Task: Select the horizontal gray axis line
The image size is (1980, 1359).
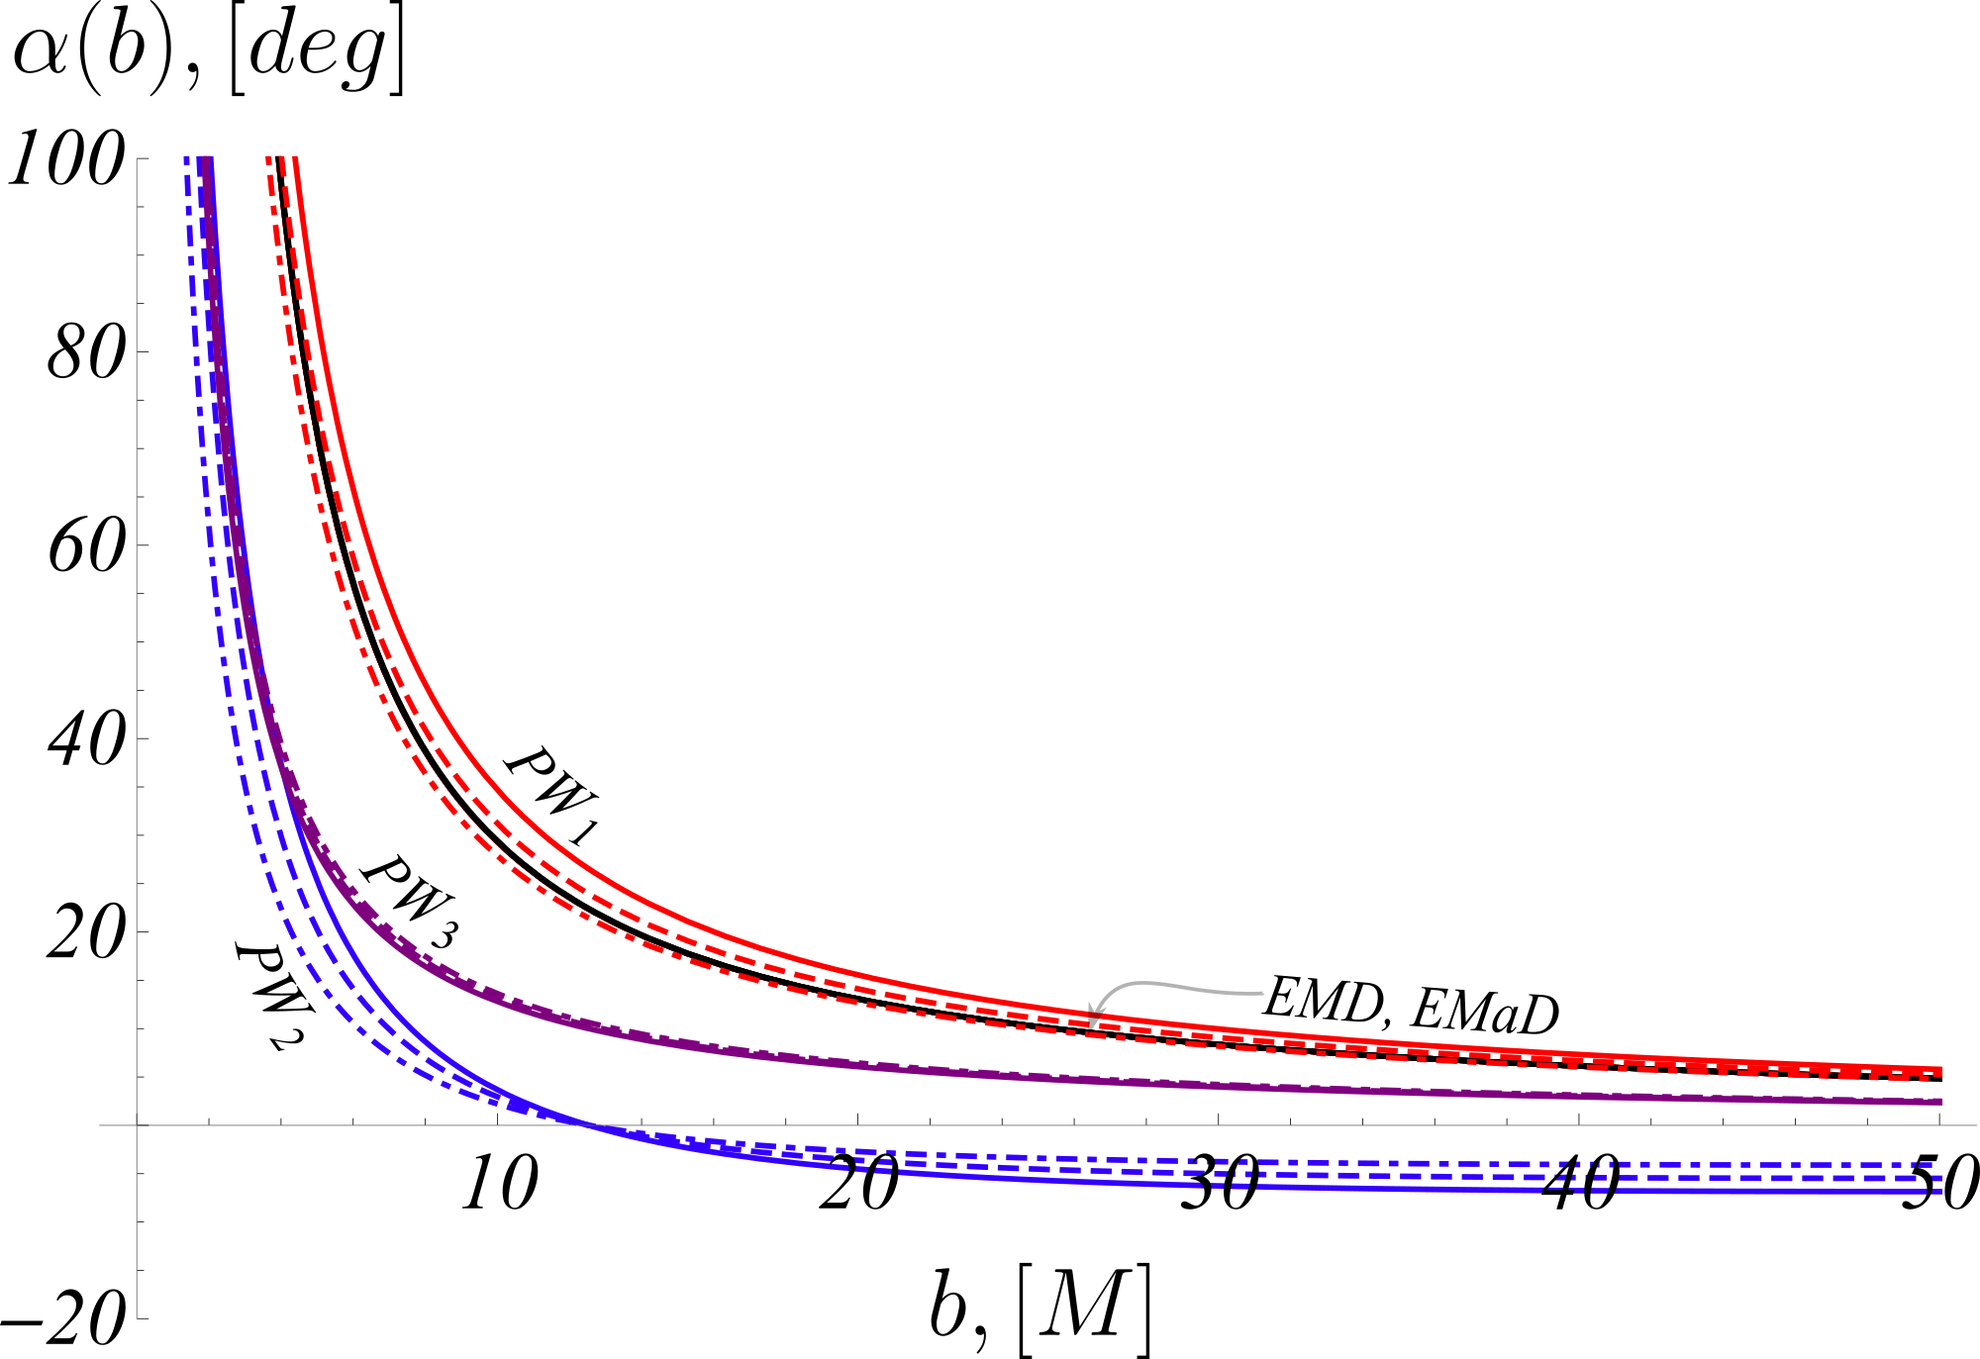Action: [990, 1125]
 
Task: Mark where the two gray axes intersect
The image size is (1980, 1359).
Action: [137, 1125]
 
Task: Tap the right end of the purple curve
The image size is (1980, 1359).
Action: [1940, 1102]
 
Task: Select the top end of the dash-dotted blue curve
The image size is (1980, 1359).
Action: [186, 158]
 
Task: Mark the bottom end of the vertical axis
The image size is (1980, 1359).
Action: [137, 1317]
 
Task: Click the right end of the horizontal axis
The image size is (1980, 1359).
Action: [1976, 1125]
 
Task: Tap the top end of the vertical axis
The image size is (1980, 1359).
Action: [137, 159]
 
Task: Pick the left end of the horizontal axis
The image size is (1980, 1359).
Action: [100, 1125]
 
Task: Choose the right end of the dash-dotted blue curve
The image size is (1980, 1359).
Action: [1930, 1164]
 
